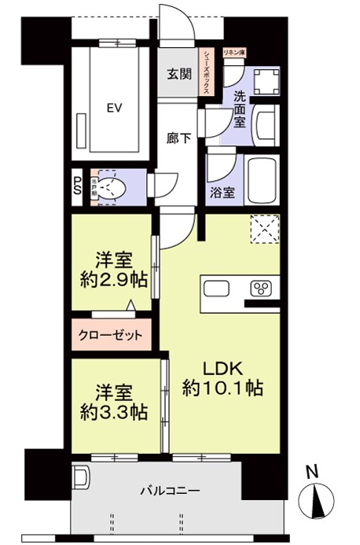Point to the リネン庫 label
click(233, 52)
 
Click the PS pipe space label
click(77, 186)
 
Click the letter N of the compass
click(312, 472)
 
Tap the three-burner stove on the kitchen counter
click(261, 287)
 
